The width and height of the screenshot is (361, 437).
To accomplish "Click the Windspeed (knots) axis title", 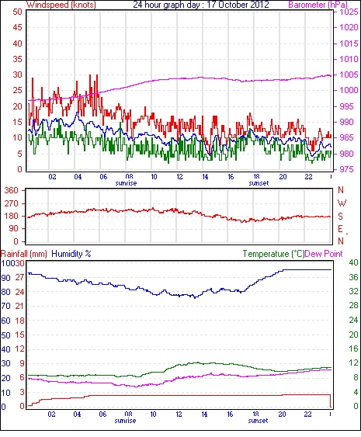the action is [x=61, y=5].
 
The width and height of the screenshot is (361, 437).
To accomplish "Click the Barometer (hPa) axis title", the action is [x=318, y=5].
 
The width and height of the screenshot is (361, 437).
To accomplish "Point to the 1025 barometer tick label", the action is [x=349, y=12].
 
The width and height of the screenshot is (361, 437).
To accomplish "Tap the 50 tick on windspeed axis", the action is [x=18, y=12].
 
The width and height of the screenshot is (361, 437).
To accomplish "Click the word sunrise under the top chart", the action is [x=126, y=183].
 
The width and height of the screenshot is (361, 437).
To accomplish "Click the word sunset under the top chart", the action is [x=259, y=183].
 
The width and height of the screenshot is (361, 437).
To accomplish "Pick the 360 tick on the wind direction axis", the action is [x=11, y=190].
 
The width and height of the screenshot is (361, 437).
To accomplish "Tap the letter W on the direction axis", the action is [x=342, y=203].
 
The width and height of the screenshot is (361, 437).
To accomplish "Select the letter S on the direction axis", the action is [x=340, y=216].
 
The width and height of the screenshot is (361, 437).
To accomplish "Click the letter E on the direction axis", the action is [x=340, y=229].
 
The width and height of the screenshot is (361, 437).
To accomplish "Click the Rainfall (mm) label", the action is [x=24, y=254].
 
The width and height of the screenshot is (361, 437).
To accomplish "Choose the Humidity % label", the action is [x=71, y=254].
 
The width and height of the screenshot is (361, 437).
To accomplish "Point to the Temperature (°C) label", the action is [x=273, y=254].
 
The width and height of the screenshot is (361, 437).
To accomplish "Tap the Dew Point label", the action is [x=324, y=254].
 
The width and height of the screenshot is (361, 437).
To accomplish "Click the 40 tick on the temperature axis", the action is [x=353, y=262].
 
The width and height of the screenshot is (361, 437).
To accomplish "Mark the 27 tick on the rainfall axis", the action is [x=19, y=278].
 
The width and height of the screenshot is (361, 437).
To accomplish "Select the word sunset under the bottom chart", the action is [x=258, y=421].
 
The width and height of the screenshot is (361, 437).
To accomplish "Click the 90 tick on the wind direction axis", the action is [x=13, y=228].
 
